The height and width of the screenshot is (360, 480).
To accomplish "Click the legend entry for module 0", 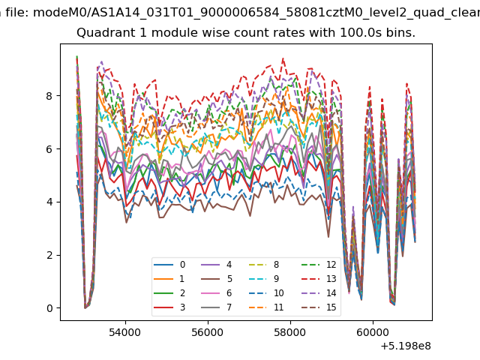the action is [x=169, y=265].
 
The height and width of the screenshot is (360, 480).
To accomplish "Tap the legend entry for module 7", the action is [x=216, y=307].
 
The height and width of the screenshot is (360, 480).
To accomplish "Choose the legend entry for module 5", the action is [x=216, y=278].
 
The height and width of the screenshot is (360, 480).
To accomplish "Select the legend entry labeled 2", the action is [x=169, y=293].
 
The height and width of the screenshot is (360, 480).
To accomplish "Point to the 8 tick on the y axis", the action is [x=49, y=96].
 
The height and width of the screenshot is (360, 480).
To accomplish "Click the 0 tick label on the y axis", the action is [x=49, y=308].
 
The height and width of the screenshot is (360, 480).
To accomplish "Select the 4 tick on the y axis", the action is [x=49, y=202].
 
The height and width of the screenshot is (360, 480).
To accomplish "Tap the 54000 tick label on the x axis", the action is [x=125, y=332].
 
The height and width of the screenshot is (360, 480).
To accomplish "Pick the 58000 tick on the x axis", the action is [x=290, y=332].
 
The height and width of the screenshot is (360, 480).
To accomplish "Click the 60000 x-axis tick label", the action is [x=373, y=332].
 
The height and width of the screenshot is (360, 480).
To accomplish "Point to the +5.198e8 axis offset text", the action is [x=406, y=346].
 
